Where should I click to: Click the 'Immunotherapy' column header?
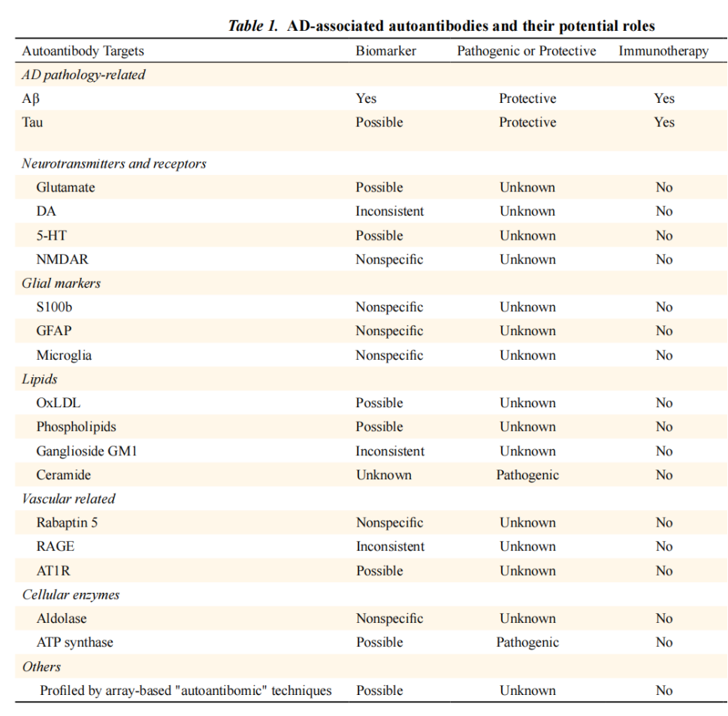(x=663, y=51)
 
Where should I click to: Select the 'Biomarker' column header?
(x=385, y=51)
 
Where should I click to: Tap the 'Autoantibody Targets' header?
(x=83, y=51)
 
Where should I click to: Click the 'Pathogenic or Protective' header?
(x=527, y=51)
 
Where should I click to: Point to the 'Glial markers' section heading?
(x=61, y=283)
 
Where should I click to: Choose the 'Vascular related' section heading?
(x=68, y=499)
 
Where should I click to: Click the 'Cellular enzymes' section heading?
(x=71, y=594)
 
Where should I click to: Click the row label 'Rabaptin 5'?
(x=67, y=523)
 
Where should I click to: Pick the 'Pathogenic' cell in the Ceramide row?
(x=527, y=475)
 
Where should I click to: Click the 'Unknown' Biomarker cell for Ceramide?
(x=383, y=475)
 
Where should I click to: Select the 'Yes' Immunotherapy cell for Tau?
(x=664, y=122)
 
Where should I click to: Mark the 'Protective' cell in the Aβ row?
(x=527, y=98)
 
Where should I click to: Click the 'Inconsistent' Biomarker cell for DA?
(x=390, y=211)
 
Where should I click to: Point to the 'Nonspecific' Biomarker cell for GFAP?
(x=389, y=331)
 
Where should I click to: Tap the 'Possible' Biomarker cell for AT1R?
(x=379, y=571)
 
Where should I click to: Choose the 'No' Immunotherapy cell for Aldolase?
(x=664, y=618)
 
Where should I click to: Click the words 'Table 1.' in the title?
(x=253, y=26)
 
